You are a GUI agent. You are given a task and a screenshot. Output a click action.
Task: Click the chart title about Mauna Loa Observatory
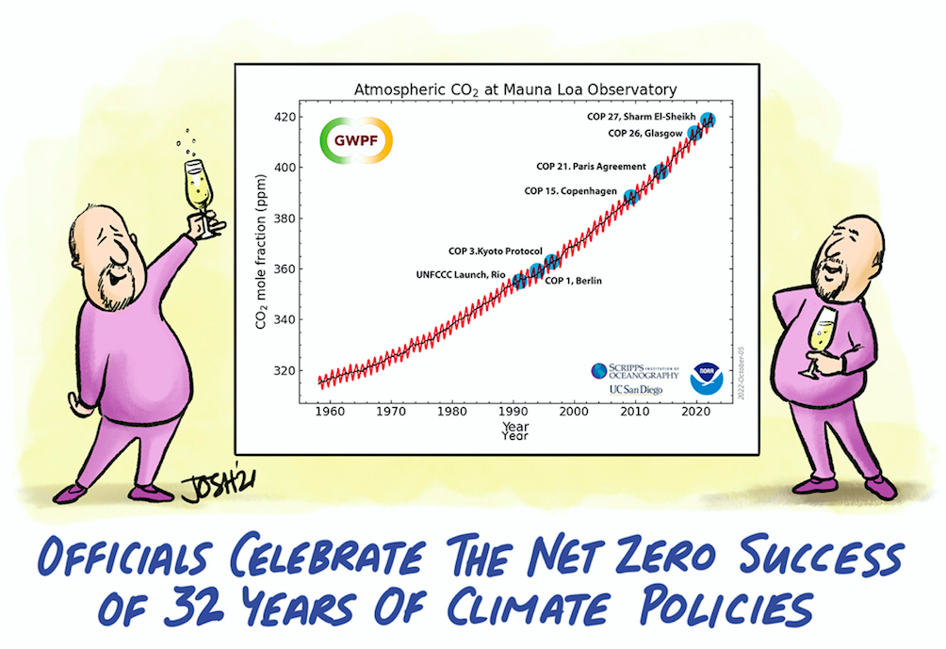click(x=514, y=89)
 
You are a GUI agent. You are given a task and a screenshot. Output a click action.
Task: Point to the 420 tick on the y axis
click(x=286, y=117)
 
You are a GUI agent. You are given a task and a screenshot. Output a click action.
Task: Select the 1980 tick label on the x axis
click(x=452, y=411)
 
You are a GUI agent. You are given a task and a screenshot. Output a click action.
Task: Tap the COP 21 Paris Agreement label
click(x=591, y=167)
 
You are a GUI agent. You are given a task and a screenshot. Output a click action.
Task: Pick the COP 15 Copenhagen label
click(x=568, y=191)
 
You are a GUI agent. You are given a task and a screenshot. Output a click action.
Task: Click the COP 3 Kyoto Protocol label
click(x=495, y=251)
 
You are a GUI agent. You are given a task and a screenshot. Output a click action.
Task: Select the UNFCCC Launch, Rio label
click(x=461, y=275)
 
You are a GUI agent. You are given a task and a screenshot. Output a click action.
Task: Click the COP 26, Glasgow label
click(x=644, y=134)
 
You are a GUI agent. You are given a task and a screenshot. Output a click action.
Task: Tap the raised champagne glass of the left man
click(x=199, y=187)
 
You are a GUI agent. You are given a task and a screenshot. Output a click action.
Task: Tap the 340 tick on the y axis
click(x=286, y=319)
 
